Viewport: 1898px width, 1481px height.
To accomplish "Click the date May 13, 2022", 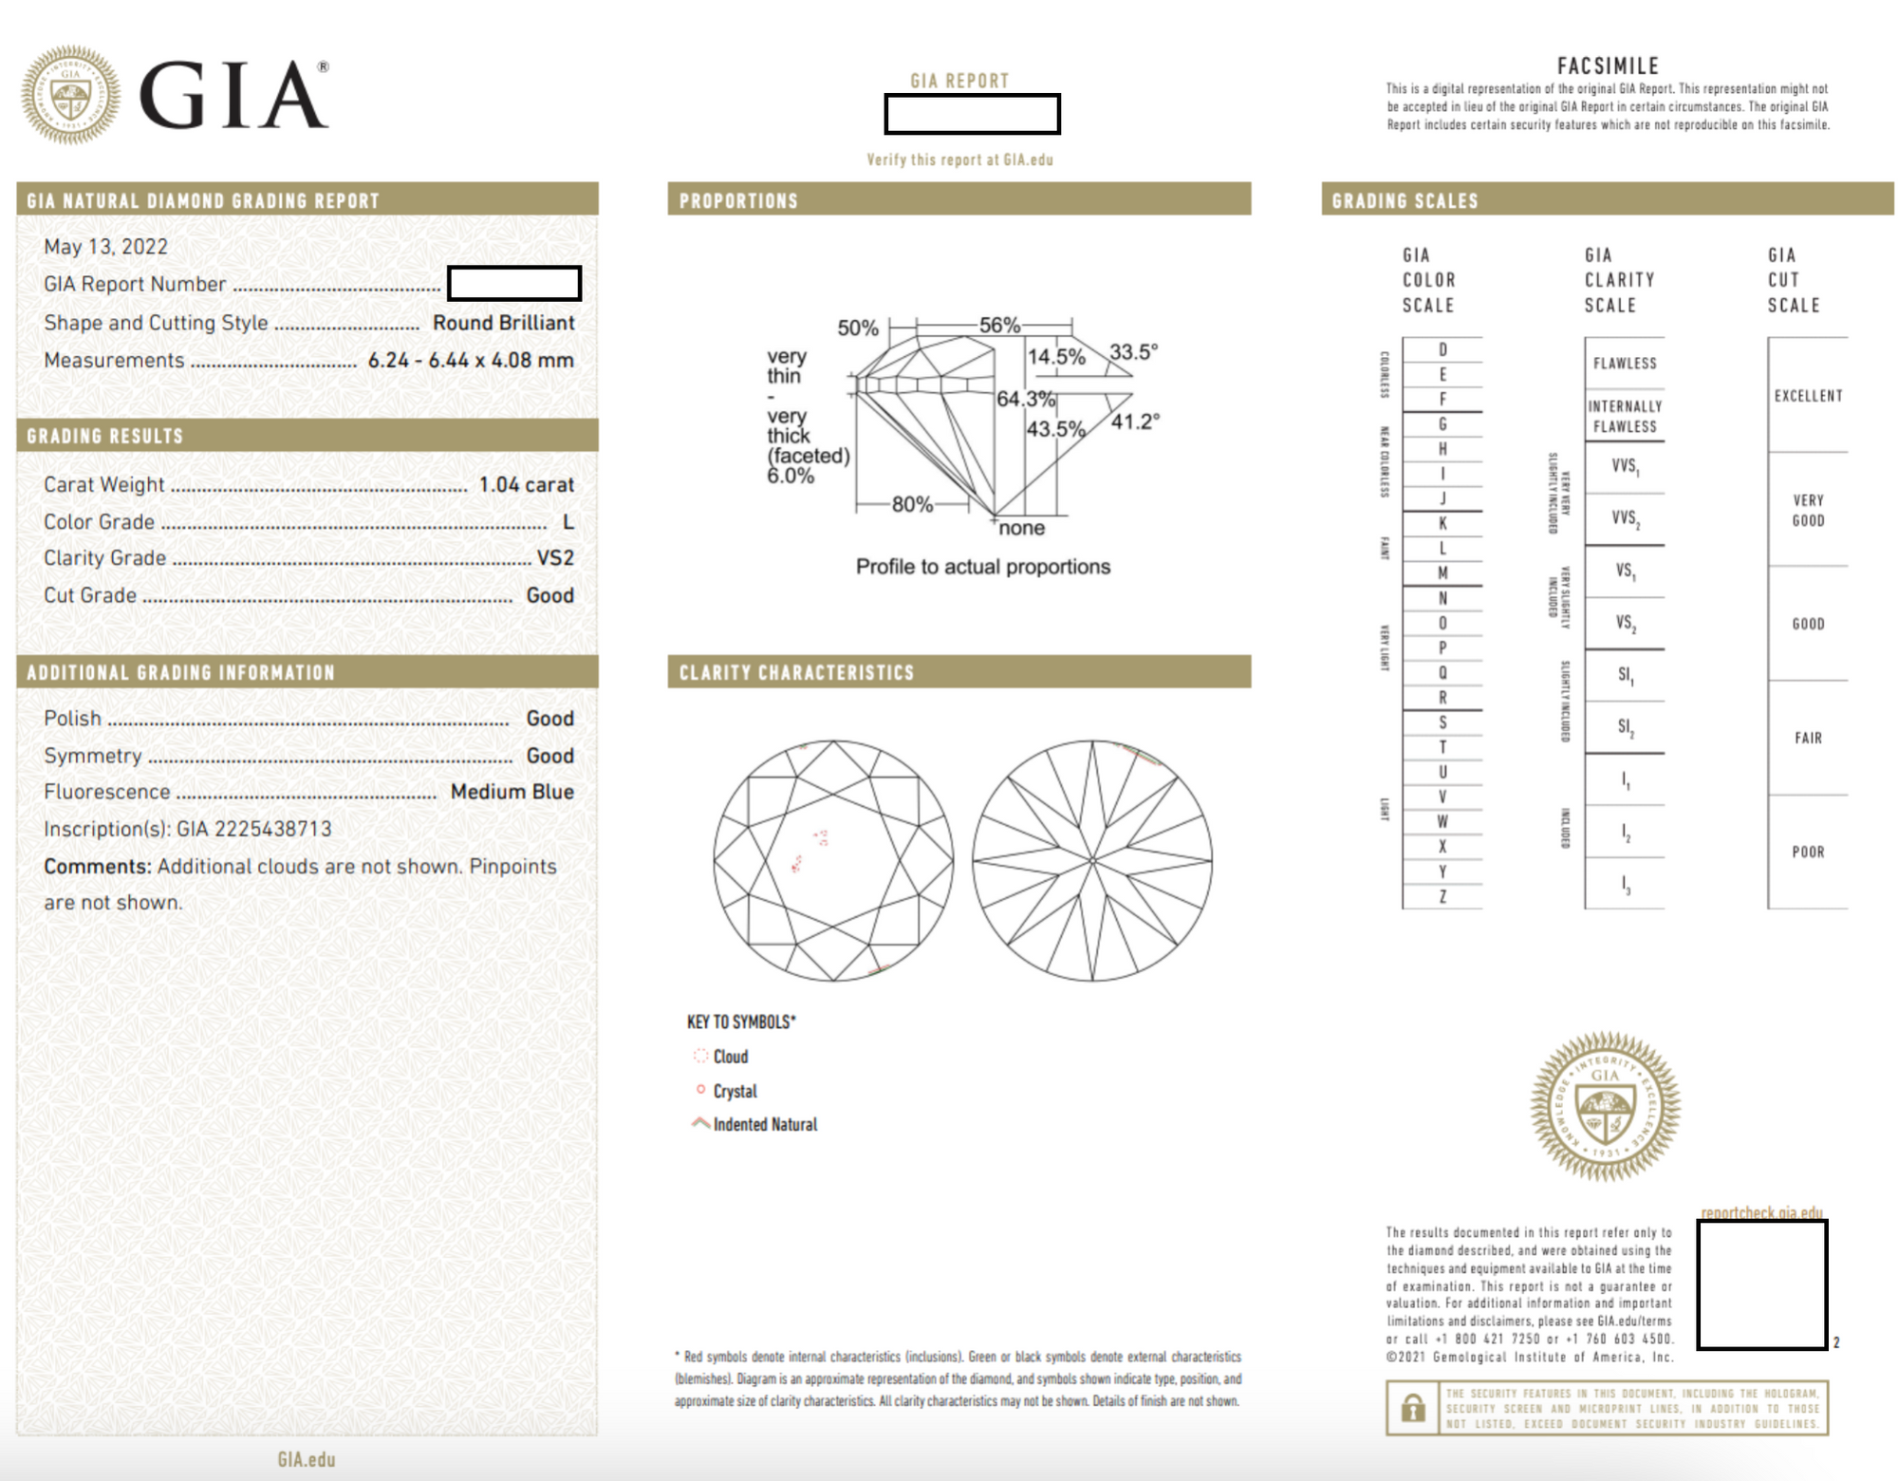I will (x=105, y=247).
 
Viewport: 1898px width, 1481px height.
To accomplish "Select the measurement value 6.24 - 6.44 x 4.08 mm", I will (x=471, y=361).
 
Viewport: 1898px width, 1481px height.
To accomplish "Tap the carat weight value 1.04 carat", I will (x=526, y=485).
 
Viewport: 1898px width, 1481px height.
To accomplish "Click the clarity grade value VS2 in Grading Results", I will (x=555, y=558).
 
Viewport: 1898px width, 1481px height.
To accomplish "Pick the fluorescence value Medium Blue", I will (x=512, y=792).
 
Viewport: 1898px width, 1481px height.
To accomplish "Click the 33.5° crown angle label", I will (x=1133, y=352).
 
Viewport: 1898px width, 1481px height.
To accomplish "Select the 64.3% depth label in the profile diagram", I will (x=1025, y=399).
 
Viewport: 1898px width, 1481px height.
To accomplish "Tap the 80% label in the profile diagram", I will (x=912, y=505).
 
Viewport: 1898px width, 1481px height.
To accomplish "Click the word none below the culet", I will (x=1021, y=529).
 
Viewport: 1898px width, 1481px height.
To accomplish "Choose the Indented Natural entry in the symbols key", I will (x=764, y=1125).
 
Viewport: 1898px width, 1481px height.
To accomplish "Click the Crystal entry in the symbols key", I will (x=735, y=1092).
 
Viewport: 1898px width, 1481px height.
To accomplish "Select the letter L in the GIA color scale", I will (x=1442, y=549).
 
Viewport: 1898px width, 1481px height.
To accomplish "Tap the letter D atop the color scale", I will (x=1442, y=350).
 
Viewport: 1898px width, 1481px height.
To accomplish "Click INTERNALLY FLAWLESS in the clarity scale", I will (x=1625, y=417).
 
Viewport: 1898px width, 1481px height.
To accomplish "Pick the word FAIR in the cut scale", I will (x=1808, y=738).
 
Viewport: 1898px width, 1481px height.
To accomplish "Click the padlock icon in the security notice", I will (x=1413, y=1408).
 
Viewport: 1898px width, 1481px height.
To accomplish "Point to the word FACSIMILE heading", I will (x=1608, y=66).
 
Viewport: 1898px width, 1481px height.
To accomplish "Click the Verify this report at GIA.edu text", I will (x=959, y=160).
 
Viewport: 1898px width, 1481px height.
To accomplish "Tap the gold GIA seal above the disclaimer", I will (x=1605, y=1106).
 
